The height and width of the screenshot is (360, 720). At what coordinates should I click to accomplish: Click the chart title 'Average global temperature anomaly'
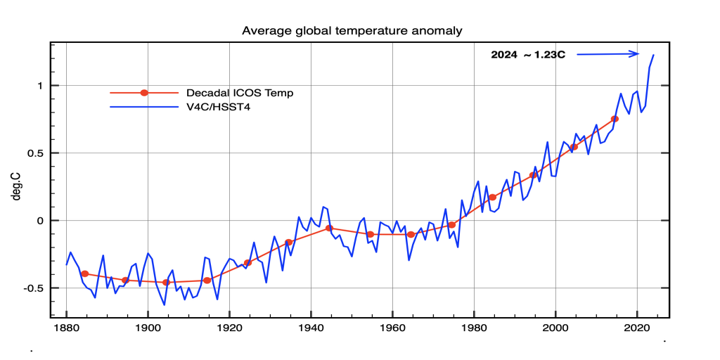[x=352, y=31]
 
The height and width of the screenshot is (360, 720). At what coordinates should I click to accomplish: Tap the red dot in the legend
[x=144, y=93]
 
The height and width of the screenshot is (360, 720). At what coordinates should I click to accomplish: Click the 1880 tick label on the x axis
[x=66, y=328]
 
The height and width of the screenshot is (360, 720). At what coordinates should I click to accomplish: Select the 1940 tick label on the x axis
[x=311, y=328]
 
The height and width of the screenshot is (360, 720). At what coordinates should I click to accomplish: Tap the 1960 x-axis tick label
[x=392, y=328]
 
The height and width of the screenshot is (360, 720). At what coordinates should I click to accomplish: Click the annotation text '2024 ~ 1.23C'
[x=528, y=54]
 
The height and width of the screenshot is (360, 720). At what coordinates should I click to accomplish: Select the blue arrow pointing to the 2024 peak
[x=609, y=53]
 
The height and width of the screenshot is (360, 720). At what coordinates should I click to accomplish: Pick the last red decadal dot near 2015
[x=615, y=119]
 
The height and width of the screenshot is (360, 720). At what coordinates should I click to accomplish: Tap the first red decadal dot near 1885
[x=84, y=274]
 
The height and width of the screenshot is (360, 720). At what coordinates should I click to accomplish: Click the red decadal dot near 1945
[x=329, y=229]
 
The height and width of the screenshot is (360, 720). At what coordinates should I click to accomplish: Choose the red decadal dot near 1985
[x=492, y=197]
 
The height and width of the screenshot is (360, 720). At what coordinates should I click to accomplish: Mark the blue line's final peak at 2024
[x=653, y=55]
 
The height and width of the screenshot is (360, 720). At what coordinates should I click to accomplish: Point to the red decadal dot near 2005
[x=574, y=147]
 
